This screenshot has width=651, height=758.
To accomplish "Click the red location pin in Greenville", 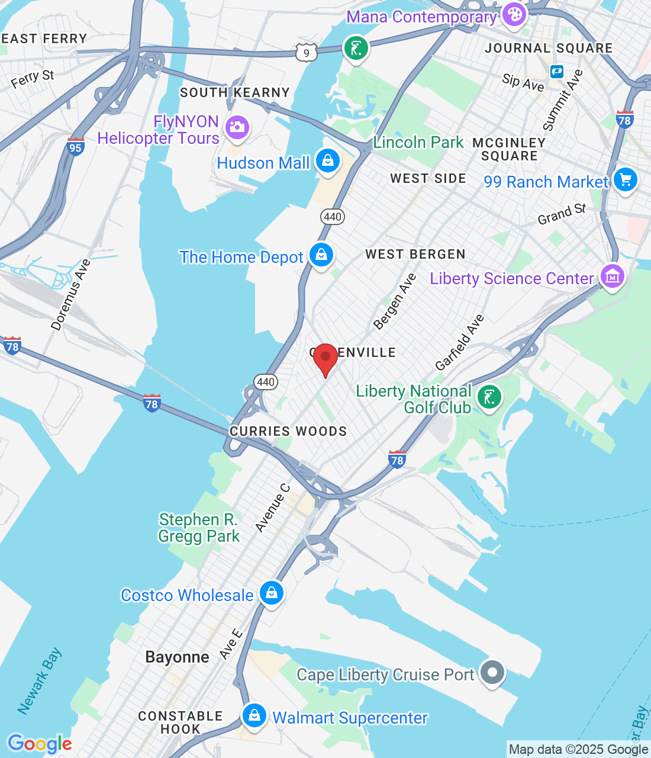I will point(325,358).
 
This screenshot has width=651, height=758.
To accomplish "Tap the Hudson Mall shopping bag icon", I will point(327,160).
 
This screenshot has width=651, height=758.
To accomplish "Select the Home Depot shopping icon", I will point(321,255).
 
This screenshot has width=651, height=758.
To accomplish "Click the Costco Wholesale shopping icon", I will point(272,593).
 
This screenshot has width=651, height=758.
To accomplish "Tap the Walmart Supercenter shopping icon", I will point(254,716).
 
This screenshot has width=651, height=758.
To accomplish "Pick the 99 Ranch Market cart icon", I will point(626,179).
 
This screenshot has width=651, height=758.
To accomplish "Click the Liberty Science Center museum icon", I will point(612,277).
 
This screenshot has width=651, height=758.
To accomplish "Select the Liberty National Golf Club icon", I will point(489,397).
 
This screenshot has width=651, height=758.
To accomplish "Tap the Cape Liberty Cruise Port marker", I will point(492,673).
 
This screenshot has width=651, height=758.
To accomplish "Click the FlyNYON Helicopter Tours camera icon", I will point(237,127).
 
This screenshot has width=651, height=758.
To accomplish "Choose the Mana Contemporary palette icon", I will point(514,15).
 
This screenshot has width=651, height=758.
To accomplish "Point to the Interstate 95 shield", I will point(75,147).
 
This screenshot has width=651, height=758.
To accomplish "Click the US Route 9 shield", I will point(306,53).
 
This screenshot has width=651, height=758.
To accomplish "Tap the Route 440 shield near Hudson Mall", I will point(333,217).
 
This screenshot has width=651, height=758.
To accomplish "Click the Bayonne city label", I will point(177,657).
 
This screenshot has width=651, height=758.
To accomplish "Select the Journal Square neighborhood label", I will point(549,49).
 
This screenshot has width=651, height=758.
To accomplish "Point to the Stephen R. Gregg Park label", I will point(199,528).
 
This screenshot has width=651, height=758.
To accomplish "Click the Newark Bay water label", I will point(39,681).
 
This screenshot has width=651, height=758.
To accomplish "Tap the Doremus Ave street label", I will point(70,294).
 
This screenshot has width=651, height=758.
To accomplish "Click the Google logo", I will point(40,744).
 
